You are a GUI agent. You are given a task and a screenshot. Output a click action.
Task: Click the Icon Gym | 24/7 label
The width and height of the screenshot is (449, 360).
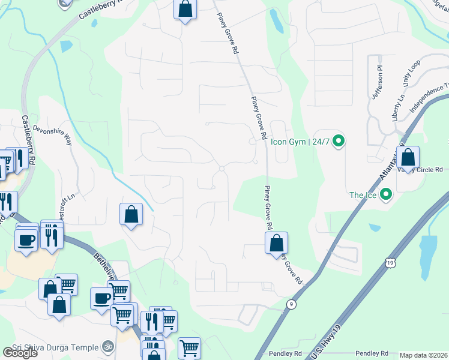(300, 142)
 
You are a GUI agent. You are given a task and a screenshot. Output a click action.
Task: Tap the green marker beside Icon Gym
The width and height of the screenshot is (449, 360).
(339, 142)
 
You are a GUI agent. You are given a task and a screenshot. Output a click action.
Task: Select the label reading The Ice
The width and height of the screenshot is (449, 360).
(364, 195)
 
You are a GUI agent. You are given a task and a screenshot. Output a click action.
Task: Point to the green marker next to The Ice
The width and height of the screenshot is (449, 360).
(386, 194)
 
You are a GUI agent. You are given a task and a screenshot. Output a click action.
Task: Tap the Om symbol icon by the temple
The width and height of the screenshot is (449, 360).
(108, 346)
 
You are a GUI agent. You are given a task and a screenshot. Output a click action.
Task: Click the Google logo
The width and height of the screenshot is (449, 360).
(19, 353)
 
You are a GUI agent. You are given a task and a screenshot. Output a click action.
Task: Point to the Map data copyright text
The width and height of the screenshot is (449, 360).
(424, 355)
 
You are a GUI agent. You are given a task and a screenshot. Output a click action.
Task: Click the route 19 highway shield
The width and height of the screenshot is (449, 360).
(391, 262)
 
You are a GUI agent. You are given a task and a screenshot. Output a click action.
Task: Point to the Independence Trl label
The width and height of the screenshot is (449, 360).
(429, 99)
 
